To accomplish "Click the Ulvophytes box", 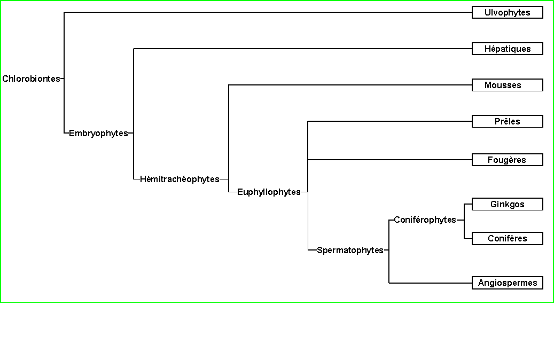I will pos(507,12).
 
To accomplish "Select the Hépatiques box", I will pos(507,49).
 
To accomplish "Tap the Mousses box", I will pos(507,85).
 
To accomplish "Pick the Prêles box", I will pos(507,121).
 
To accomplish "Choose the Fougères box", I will pos(507,160).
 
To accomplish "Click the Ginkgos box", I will pos(507,204).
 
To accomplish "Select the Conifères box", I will pos(507,238).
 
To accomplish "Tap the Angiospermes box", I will pos(507,283).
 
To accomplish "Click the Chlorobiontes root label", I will pos(31,79).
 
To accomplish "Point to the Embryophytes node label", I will pos(98,134).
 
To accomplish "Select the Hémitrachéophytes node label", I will pos(180,179).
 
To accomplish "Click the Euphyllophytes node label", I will pos(269,192).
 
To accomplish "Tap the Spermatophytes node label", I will pos(350,250).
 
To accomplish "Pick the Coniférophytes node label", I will pos(425,220).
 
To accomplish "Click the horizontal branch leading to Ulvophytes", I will pos(267,12).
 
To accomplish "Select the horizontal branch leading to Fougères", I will pos(390,160).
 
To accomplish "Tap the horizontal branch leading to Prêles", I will pos(390,121).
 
